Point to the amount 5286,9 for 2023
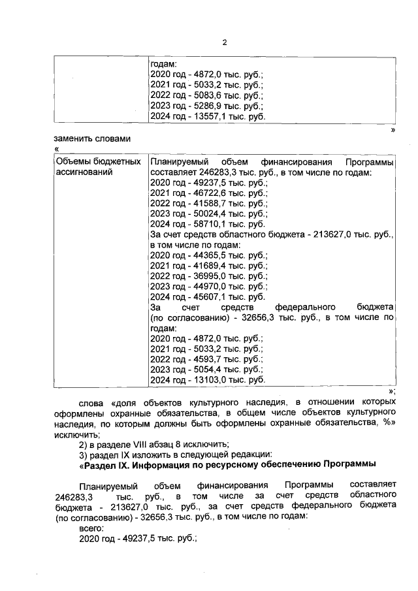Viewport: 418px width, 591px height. click(x=200, y=106)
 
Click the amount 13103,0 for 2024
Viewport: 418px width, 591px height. click(x=202, y=379)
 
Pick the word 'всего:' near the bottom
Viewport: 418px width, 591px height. click(x=91, y=527)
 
